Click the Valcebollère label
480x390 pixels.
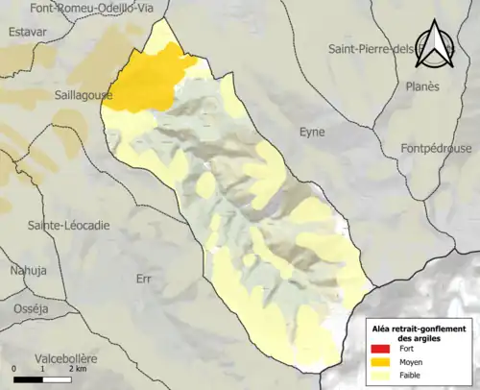(55, 357)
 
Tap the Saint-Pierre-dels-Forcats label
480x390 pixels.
(384, 49)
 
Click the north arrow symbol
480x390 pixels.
(437, 45)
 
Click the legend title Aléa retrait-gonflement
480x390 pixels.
(419, 329)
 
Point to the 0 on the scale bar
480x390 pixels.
(14, 369)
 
